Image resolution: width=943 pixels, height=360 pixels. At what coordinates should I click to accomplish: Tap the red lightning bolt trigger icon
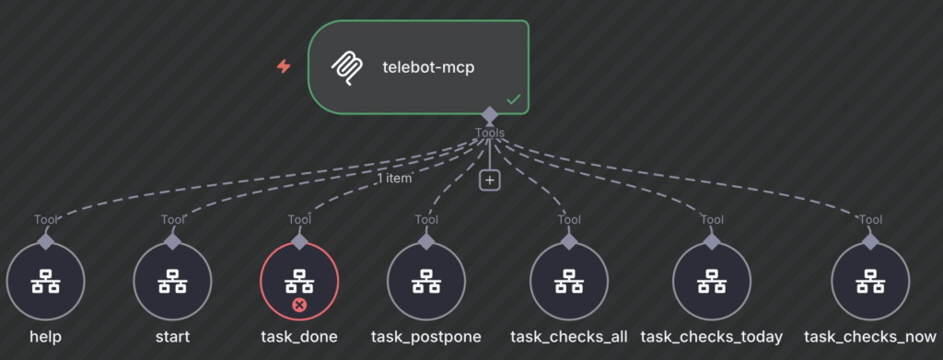284,66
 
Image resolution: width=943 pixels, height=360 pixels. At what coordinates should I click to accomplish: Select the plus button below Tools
490,180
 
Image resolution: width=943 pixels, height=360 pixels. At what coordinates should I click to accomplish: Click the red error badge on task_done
298,305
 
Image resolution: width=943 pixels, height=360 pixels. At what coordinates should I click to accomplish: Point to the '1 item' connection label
393,179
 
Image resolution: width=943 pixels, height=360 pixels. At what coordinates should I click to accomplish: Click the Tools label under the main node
490,134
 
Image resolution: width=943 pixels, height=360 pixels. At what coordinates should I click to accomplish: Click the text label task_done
299,337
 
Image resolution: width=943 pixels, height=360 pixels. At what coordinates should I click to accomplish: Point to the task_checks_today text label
712,337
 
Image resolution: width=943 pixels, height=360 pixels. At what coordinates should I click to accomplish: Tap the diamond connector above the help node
45,240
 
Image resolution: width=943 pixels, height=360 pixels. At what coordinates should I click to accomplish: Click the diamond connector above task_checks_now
870,240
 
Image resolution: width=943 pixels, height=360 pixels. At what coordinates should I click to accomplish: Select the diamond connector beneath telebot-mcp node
490,115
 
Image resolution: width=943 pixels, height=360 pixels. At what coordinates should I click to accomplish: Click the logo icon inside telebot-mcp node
347,67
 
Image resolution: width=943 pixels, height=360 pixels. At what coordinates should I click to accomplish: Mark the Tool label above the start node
172,219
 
